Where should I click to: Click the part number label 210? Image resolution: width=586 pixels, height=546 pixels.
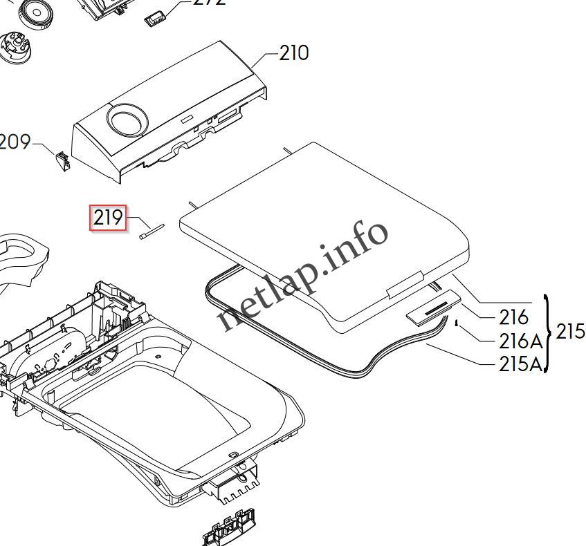294,53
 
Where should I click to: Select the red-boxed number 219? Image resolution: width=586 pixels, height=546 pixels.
108,218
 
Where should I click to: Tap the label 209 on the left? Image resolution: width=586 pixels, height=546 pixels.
15,142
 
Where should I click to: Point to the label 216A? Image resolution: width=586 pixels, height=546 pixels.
521,341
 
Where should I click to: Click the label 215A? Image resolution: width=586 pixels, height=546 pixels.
521,364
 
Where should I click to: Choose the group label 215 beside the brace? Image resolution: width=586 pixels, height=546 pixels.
570,332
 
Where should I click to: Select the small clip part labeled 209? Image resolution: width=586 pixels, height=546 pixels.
62,160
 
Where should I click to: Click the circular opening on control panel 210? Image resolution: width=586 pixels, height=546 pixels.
127,120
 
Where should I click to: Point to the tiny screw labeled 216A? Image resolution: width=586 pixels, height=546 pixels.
457,321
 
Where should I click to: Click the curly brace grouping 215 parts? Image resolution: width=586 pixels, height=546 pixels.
549,332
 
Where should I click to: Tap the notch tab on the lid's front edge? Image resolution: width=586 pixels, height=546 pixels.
405,284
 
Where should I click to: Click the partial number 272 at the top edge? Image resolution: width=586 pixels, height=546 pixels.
208,3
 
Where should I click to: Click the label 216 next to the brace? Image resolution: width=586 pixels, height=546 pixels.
513,317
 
